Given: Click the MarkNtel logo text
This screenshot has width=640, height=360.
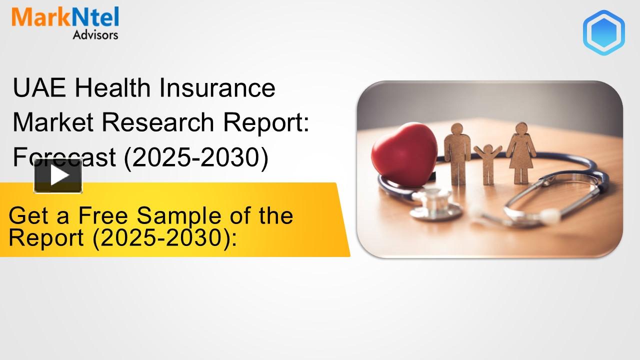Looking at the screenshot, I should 65,17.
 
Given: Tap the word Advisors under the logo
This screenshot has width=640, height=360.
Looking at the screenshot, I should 95,35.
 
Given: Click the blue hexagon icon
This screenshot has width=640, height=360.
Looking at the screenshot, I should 603,32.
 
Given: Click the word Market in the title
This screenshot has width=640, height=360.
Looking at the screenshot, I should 51,123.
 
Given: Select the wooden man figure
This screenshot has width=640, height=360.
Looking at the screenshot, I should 457,150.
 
